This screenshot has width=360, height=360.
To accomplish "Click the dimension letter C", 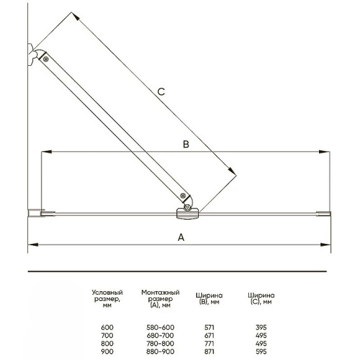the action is (161, 92).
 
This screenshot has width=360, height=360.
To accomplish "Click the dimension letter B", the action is (186, 144).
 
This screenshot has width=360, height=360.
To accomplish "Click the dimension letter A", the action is (181, 237).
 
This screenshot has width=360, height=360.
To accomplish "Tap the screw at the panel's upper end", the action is (46, 59).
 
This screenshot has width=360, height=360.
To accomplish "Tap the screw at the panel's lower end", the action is (183, 196).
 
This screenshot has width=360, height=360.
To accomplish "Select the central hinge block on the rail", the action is (187, 214).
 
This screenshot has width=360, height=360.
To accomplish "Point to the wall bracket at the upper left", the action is (32, 55).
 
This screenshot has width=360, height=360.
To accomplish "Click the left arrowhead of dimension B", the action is (46, 152).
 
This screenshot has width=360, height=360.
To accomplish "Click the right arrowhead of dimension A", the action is (325, 245).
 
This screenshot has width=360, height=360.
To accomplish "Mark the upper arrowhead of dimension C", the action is (76, 16).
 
